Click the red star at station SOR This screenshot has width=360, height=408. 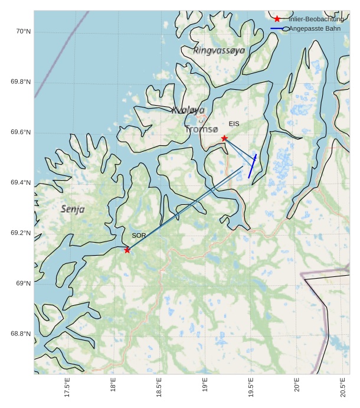pos(127,250)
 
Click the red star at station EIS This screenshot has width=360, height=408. pos(224,138)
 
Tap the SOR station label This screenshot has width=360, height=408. pos(139,236)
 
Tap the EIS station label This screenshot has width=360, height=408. pos(234,124)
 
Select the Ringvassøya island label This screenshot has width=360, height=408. pos(218,51)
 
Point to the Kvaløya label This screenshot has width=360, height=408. pos(188,110)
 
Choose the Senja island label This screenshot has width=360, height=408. pos(73,209)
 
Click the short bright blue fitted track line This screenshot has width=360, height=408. pos(252,167)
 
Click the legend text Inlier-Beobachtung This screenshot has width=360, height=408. pos(316,19)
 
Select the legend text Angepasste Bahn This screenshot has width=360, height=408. pos(315,28)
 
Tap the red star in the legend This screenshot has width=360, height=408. pos(277,19)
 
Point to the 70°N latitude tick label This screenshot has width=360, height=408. pos(22,31)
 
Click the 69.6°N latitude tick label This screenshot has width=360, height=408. pos(21,132)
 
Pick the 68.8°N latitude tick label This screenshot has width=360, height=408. pos(21,334)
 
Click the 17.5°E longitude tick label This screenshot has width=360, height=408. pos(68,389)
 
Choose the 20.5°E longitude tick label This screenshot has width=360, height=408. pos(343,389)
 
